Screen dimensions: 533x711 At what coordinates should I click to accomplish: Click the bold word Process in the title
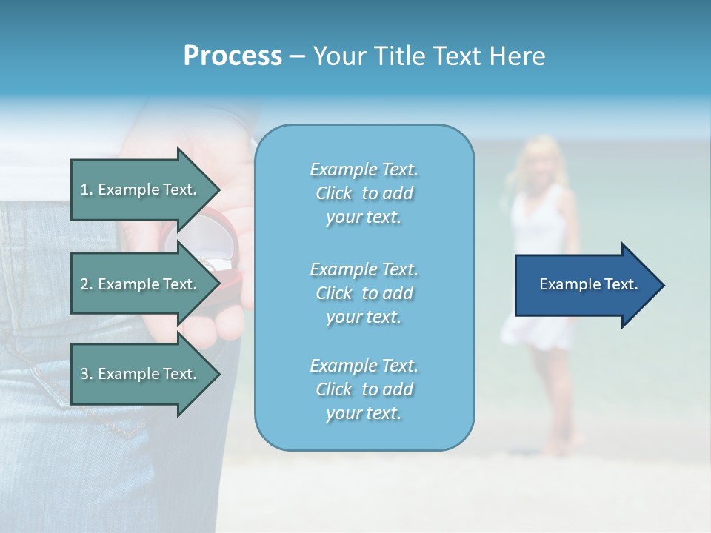point(233,56)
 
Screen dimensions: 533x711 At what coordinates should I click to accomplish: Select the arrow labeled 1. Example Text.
point(141,190)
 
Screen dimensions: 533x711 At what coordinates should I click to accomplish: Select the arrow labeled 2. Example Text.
point(141,284)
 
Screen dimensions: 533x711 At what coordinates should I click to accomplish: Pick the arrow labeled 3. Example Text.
point(141,374)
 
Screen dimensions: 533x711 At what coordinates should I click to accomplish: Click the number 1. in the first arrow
point(87,190)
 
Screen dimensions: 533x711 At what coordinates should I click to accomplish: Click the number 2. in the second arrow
point(87,284)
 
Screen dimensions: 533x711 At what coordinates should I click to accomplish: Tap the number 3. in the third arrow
point(87,374)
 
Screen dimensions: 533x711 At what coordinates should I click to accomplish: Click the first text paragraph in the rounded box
point(364,193)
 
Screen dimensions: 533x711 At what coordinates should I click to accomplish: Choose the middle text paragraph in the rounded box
point(364,292)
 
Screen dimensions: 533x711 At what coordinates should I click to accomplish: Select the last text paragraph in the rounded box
point(364,389)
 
